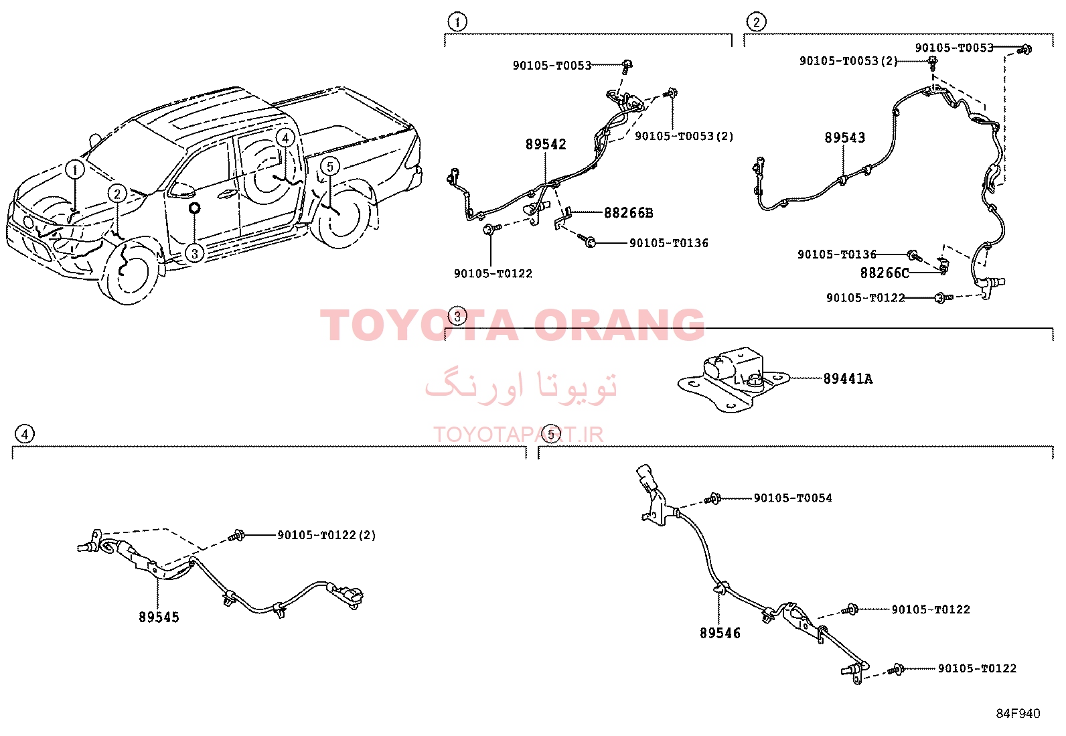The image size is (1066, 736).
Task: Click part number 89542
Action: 546,144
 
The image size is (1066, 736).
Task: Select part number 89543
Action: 845,137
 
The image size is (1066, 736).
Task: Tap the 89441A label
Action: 848,379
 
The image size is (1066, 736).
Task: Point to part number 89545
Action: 159,617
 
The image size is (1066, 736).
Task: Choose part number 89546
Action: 720,633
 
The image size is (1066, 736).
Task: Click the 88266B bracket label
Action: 629,213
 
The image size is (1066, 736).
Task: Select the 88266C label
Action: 885,273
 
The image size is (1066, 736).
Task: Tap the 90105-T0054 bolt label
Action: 793,498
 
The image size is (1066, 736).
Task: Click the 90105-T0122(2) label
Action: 327,536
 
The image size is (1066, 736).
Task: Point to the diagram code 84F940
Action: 1018,714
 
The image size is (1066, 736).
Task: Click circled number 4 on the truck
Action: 285,138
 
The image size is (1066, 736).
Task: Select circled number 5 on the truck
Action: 330,167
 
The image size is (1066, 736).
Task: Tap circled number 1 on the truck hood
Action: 75,169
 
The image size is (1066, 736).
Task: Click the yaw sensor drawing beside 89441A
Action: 733,380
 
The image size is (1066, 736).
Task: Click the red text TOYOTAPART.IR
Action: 518,435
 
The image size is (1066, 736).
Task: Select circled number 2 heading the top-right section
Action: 757,22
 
